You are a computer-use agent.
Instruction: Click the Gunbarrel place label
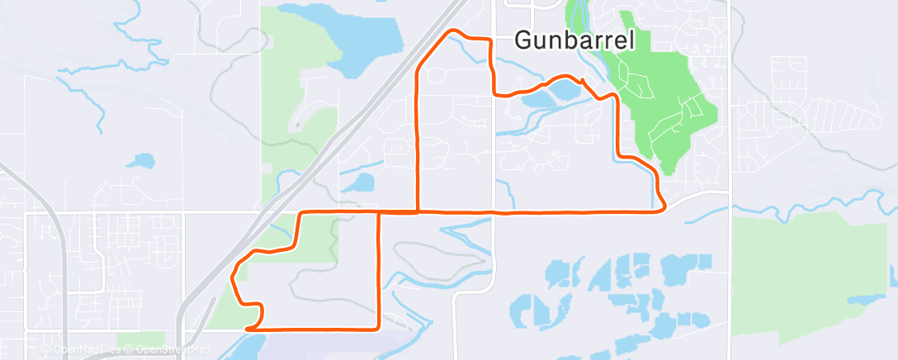[574, 38]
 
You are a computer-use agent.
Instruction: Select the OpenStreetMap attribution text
[173, 350]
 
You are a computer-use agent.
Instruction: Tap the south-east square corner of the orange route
[378, 330]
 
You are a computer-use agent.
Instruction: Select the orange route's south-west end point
[248, 329]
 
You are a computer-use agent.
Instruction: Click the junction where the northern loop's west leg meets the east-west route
[418, 212]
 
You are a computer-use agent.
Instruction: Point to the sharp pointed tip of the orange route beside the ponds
[583, 80]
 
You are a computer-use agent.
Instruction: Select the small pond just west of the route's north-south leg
[361, 181]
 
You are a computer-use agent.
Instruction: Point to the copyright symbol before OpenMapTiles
[48, 350]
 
